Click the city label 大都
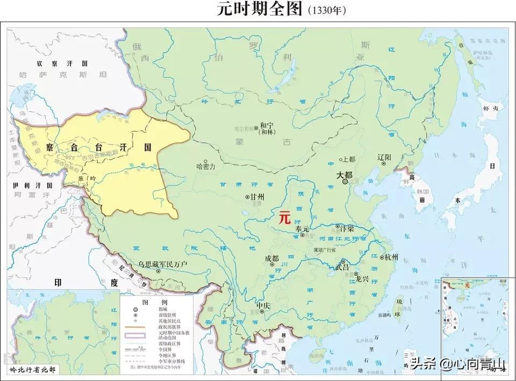coord(345,175)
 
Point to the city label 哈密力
coord(206,167)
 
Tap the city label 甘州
coord(257,197)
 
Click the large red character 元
coord(284,218)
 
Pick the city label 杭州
coord(390,258)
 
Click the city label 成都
coord(272,258)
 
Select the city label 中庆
coord(263,306)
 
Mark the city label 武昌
coord(342,267)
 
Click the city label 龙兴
coord(362,278)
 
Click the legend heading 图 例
coord(148,303)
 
